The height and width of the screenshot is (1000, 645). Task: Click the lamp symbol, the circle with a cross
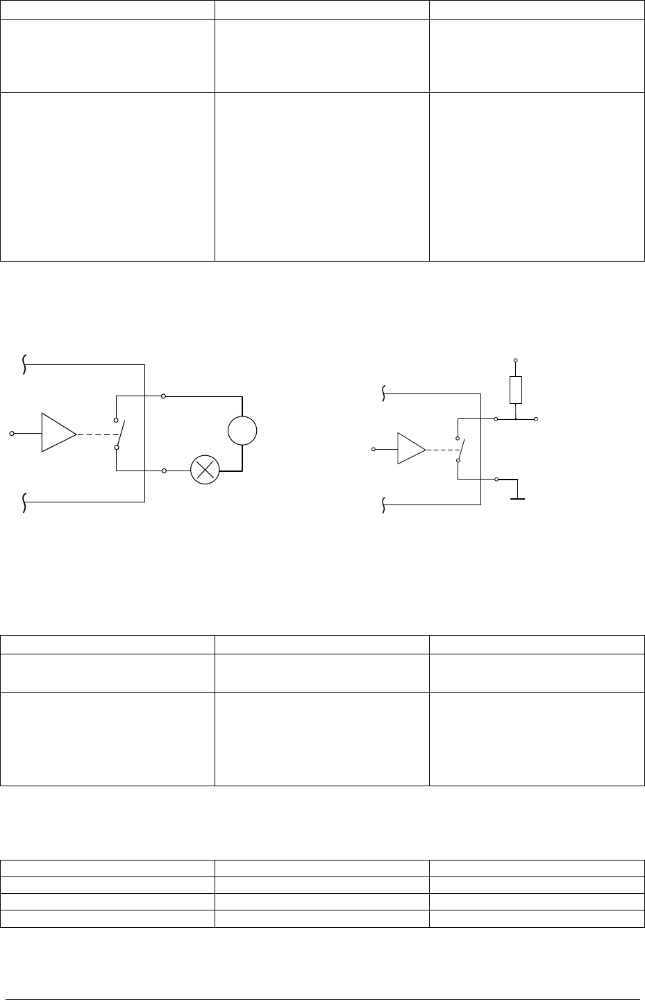[205, 471]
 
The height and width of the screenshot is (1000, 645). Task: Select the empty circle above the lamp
[242, 432]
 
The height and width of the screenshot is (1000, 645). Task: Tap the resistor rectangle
[515, 389]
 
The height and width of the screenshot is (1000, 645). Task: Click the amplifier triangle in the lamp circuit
[58, 432]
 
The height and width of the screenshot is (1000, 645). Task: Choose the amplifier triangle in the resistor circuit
[410, 449]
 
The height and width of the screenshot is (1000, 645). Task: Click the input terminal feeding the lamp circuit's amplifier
[11, 433]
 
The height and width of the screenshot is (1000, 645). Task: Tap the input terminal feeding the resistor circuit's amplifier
[374, 450]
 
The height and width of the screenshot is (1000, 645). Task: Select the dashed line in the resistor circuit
[441, 449]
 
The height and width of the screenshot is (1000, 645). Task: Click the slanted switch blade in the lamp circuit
[120, 434]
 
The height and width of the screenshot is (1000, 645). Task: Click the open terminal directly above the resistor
[515, 361]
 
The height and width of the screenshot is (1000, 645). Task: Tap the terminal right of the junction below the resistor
[537, 419]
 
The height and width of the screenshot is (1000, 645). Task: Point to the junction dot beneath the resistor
[515, 419]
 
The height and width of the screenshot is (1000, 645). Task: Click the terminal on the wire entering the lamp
[163, 471]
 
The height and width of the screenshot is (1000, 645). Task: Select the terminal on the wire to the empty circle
[163, 396]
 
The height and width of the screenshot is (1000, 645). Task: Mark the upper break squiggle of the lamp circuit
[24, 364]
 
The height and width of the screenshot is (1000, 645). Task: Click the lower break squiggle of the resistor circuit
[384, 506]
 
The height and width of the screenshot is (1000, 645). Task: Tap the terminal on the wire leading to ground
[495, 480]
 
